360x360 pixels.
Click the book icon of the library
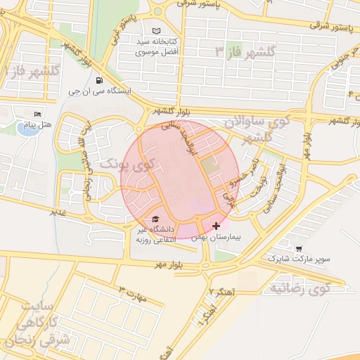(156, 32)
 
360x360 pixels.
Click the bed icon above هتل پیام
(38, 114)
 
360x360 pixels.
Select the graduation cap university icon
(155, 219)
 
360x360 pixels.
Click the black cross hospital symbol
(215, 226)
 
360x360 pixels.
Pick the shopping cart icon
(300, 248)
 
